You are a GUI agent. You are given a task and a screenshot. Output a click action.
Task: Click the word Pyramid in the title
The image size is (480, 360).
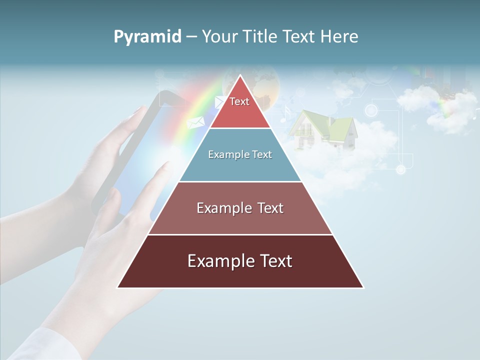(x=147, y=37)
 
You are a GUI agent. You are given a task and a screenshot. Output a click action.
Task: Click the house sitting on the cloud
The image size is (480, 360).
(x=322, y=131)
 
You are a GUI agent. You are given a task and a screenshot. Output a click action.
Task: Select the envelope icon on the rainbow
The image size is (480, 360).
(x=195, y=122)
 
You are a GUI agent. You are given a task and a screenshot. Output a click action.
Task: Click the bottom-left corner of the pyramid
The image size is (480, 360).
(x=118, y=287)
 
